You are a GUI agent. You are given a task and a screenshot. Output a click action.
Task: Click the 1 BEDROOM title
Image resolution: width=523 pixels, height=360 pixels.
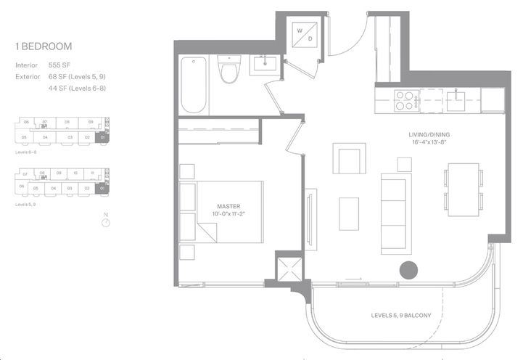pos(43,46)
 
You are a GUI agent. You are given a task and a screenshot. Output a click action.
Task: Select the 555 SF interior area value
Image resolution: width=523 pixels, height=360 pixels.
pos(59,65)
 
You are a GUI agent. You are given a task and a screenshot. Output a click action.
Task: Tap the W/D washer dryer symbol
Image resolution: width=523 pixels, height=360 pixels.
pos(301,34)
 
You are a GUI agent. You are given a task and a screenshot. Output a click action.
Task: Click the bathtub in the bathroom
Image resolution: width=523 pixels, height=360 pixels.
pos(194,84)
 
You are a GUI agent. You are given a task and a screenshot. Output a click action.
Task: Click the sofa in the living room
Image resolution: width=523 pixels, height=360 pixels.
pos(397,211)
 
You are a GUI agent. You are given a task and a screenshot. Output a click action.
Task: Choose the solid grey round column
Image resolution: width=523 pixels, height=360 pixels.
pos(409,270)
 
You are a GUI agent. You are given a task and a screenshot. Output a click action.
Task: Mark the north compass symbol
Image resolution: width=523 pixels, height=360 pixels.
pos(106,223)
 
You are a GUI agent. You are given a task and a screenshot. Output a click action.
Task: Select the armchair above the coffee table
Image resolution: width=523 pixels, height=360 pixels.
pos(349,157)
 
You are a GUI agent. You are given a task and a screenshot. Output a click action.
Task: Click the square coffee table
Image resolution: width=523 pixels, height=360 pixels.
pos(349,213)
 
